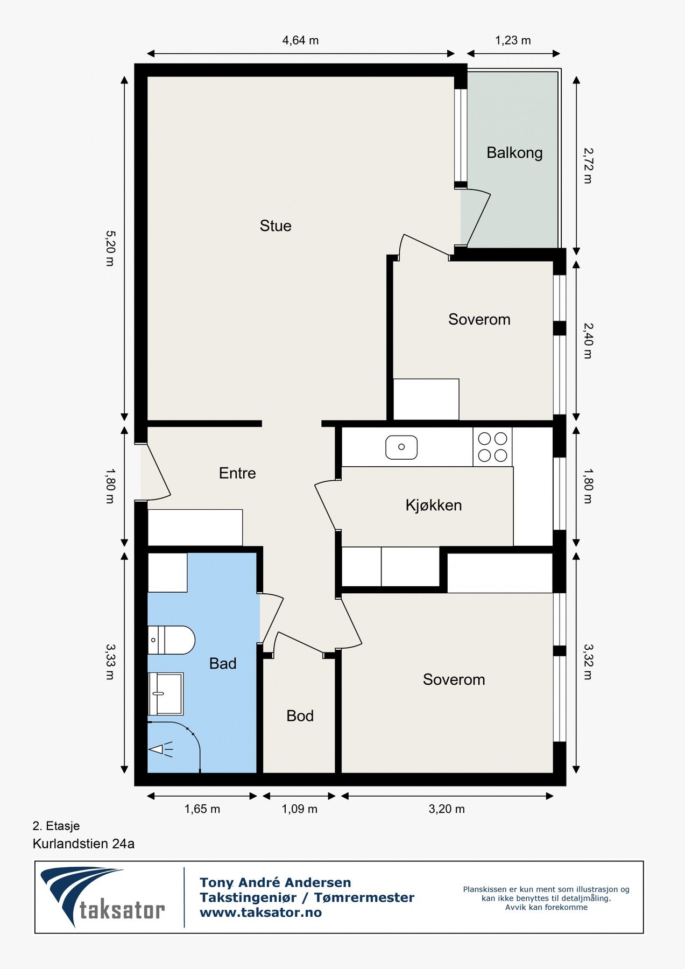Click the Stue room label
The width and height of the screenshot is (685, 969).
coord(276,226)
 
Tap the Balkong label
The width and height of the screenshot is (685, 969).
coord(514,153)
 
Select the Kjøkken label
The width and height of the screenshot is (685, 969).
coord(434,505)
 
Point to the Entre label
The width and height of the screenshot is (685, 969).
coord(237,473)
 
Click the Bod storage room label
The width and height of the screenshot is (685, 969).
coord(300,715)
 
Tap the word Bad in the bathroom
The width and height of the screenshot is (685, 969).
coord(223,663)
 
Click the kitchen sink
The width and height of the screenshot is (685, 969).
coord(401,447)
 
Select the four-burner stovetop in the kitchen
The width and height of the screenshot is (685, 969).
coord(493,447)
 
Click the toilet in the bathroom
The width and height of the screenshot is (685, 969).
coord(171,640)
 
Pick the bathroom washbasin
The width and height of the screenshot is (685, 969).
coord(166,694)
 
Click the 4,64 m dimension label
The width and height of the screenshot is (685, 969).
coord(300,40)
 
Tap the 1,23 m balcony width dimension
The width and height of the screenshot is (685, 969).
coord(513,40)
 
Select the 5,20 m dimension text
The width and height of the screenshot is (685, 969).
coord(110,249)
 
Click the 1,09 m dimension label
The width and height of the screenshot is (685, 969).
coord(300,809)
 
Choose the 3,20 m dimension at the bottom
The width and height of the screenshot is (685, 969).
coord(447,809)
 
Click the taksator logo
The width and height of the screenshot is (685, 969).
coord(103,897)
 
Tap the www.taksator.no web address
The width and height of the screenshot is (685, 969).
coord(260,912)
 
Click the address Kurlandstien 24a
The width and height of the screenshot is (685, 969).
coord(83,844)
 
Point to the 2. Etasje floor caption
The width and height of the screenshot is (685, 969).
coord(56,826)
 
